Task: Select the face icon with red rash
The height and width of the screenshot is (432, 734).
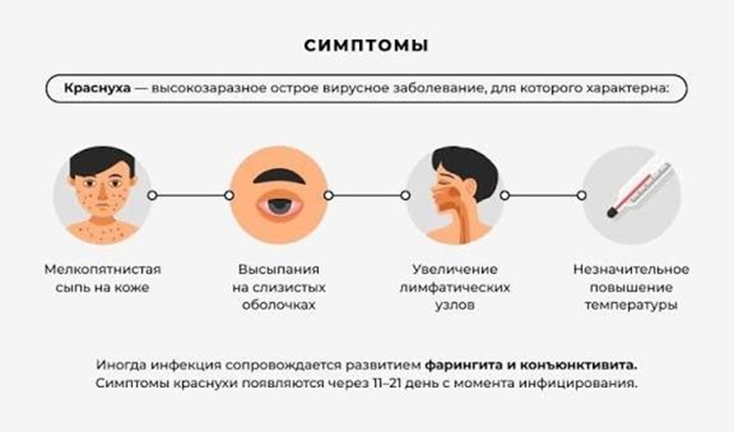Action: point(102,196)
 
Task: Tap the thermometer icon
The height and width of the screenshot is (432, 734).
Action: point(631,196)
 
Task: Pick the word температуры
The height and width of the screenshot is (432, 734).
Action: point(631,306)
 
